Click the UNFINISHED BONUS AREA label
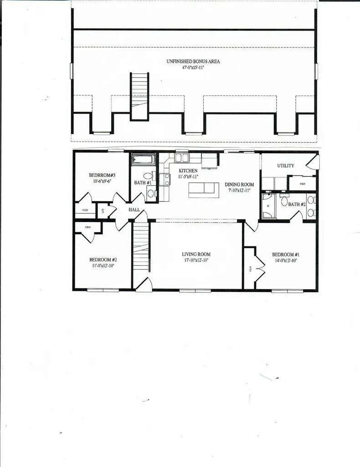(193, 61)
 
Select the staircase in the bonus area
(139, 96)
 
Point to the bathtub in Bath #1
(144, 160)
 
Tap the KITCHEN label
(188, 171)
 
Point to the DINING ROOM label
(239, 185)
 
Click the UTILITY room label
(286, 166)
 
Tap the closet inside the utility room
(302, 183)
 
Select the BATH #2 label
(297, 204)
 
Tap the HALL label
(134, 209)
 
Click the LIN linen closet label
(103, 211)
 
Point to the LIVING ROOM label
(196, 254)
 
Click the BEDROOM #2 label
(103, 259)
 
